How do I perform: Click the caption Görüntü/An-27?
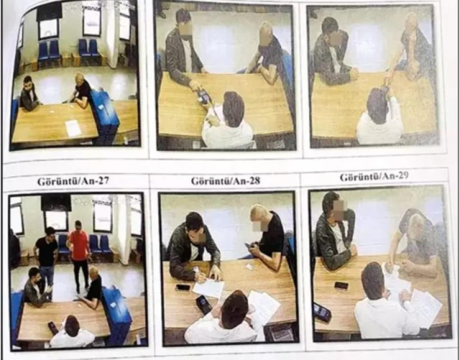[x=73, y=181]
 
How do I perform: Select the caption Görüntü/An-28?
[x=225, y=180]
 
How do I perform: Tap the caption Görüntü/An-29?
[x=374, y=177]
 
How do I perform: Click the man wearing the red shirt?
[x=78, y=255]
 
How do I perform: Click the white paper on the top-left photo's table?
[x=73, y=128]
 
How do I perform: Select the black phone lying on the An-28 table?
[x=183, y=287]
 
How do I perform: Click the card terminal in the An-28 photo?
[x=204, y=304]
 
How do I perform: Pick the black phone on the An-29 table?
[x=341, y=285]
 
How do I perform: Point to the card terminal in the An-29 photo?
[x=322, y=312]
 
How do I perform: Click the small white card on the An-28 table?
[x=249, y=267]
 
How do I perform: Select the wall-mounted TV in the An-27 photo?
[x=56, y=203]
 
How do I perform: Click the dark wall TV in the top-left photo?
[x=49, y=12]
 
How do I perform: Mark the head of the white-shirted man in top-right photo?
[x=379, y=102]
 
